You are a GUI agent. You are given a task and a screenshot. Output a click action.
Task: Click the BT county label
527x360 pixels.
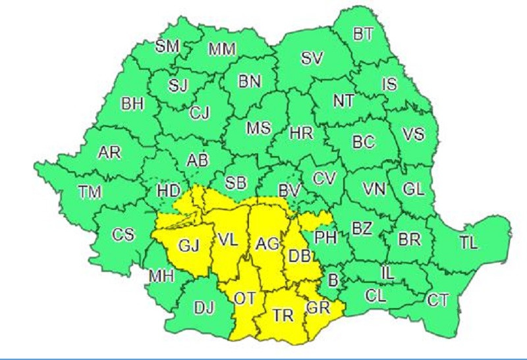pyautogui.click(x=363, y=35)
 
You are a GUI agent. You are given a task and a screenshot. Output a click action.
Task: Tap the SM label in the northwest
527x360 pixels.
pyautogui.click(x=167, y=45)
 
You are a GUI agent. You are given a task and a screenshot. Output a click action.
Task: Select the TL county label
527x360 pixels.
pyautogui.click(x=468, y=242)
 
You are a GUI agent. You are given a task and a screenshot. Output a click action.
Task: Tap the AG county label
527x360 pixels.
pyautogui.click(x=267, y=245)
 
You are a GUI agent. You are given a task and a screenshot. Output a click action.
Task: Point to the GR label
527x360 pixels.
pyautogui.click(x=317, y=306)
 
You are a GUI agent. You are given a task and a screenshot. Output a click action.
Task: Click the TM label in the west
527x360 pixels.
pyautogui.click(x=90, y=193)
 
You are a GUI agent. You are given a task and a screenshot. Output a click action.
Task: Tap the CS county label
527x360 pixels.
pyautogui.click(x=123, y=234)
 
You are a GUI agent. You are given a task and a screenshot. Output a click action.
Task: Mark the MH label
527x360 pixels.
pyautogui.click(x=161, y=276)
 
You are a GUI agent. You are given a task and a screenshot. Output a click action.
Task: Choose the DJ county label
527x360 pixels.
pyautogui.click(x=205, y=307)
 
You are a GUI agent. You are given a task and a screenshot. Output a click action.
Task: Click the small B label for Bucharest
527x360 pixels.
pyautogui.click(x=333, y=280)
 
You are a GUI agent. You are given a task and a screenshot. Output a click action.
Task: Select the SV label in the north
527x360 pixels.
pyautogui.click(x=312, y=59)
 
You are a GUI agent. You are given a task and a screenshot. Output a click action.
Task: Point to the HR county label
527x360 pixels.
pyautogui.click(x=301, y=134)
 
